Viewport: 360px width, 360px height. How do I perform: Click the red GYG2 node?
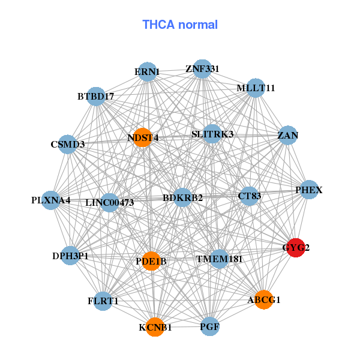click(295, 247)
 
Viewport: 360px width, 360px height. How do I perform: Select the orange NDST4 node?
click(142, 137)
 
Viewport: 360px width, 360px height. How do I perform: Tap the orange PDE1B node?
click(151, 261)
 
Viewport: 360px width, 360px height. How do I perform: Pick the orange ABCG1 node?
click(264, 299)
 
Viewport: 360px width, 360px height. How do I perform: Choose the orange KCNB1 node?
click(155, 327)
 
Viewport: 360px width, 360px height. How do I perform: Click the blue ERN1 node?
click(147, 73)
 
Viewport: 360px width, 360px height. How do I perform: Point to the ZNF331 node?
click(202, 69)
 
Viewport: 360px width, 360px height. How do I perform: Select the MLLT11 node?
click(256, 88)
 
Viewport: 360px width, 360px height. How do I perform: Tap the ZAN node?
click(288, 136)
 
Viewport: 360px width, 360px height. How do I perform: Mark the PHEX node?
click(308, 190)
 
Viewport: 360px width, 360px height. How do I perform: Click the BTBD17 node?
click(96, 96)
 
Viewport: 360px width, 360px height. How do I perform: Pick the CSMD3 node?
click(68, 144)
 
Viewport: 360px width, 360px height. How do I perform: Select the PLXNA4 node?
click(51, 200)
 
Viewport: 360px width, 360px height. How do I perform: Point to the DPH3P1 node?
click(70, 256)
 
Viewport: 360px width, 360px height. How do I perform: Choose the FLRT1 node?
click(103, 301)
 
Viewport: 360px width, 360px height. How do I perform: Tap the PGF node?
click(209, 327)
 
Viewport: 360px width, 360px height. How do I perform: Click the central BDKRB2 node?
click(183, 197)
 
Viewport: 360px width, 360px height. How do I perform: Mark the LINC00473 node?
click(110, 203)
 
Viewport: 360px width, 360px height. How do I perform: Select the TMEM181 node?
click(220, 259)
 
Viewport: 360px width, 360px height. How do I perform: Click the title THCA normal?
click(180, 25)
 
